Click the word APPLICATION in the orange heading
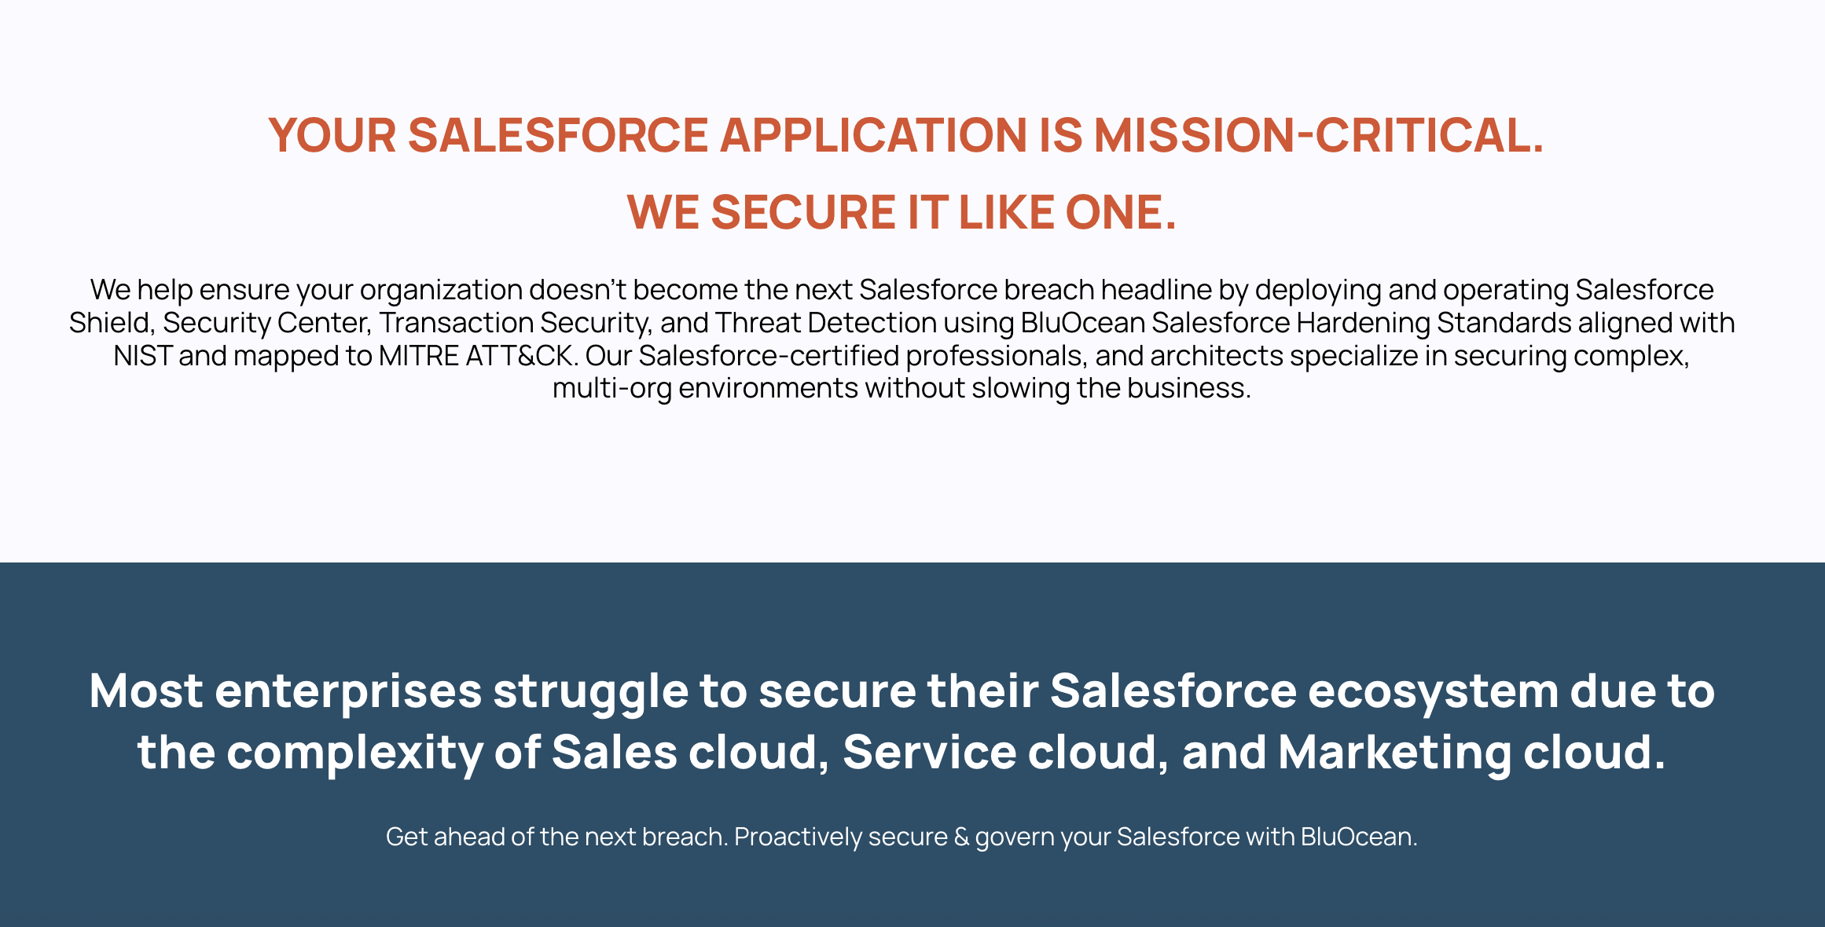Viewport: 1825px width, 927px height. (x=873, y=135)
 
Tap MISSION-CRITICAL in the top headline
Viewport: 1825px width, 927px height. (x=1319, y=135)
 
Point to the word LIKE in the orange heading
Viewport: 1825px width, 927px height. (x=1006, y=212)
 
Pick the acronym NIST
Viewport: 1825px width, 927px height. (x=142, y=356)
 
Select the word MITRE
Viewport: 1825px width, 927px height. (x=419, y=356)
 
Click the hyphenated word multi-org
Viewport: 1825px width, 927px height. (x=612, y=389)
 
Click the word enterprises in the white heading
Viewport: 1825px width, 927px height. (x=348, y=692)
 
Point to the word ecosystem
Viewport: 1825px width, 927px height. (x=1433, y=692)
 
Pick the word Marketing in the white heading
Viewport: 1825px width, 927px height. (x=1395, y=753)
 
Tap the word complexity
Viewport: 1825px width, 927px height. (x=354, y=753)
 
